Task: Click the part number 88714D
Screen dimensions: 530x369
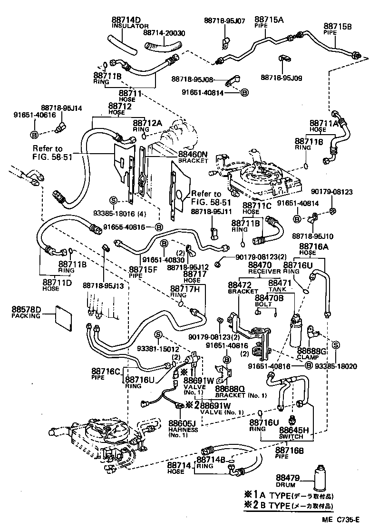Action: pyautogui.click(x=126, y=20)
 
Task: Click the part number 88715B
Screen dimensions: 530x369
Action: pyautogui.click(x=338, y=26)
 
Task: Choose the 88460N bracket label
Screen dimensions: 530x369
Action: pyautogui.click(x=193, y=154)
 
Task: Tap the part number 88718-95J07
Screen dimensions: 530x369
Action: pyautogui.click(x=224, y=20)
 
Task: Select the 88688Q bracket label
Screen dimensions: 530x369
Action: pyautogui.click(x=231, y=389)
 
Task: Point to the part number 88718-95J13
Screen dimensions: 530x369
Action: pyautogui.click(x=103, y=285)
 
